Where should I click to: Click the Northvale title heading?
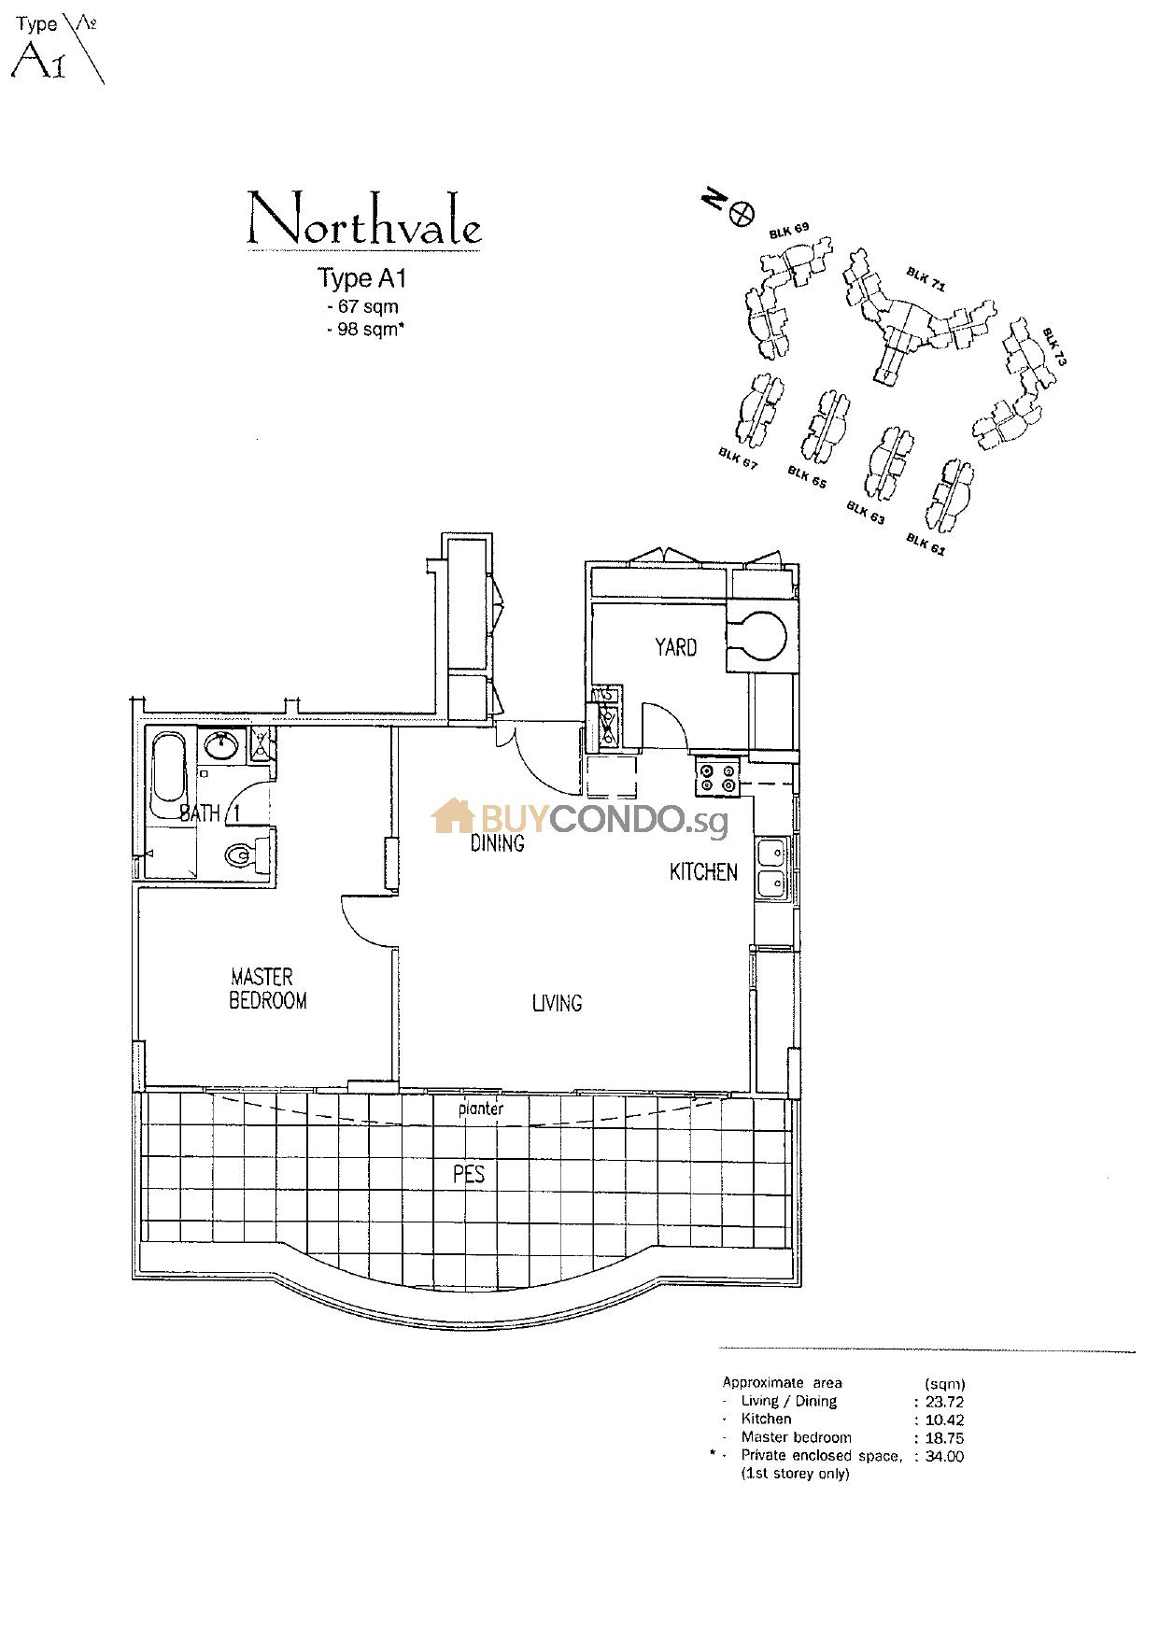tap(364, 221)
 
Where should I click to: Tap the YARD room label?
tap(675, 647)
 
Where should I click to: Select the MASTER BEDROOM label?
tap(268, 989)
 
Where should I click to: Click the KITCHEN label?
tap(703, 872)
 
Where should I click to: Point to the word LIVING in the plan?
tap(557, 1003)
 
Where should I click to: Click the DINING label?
tap(497, 843)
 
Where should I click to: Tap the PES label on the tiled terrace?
tap(469, 1175)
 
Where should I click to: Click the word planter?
tap(481, 1109)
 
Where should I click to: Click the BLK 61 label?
tap(926, 544)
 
